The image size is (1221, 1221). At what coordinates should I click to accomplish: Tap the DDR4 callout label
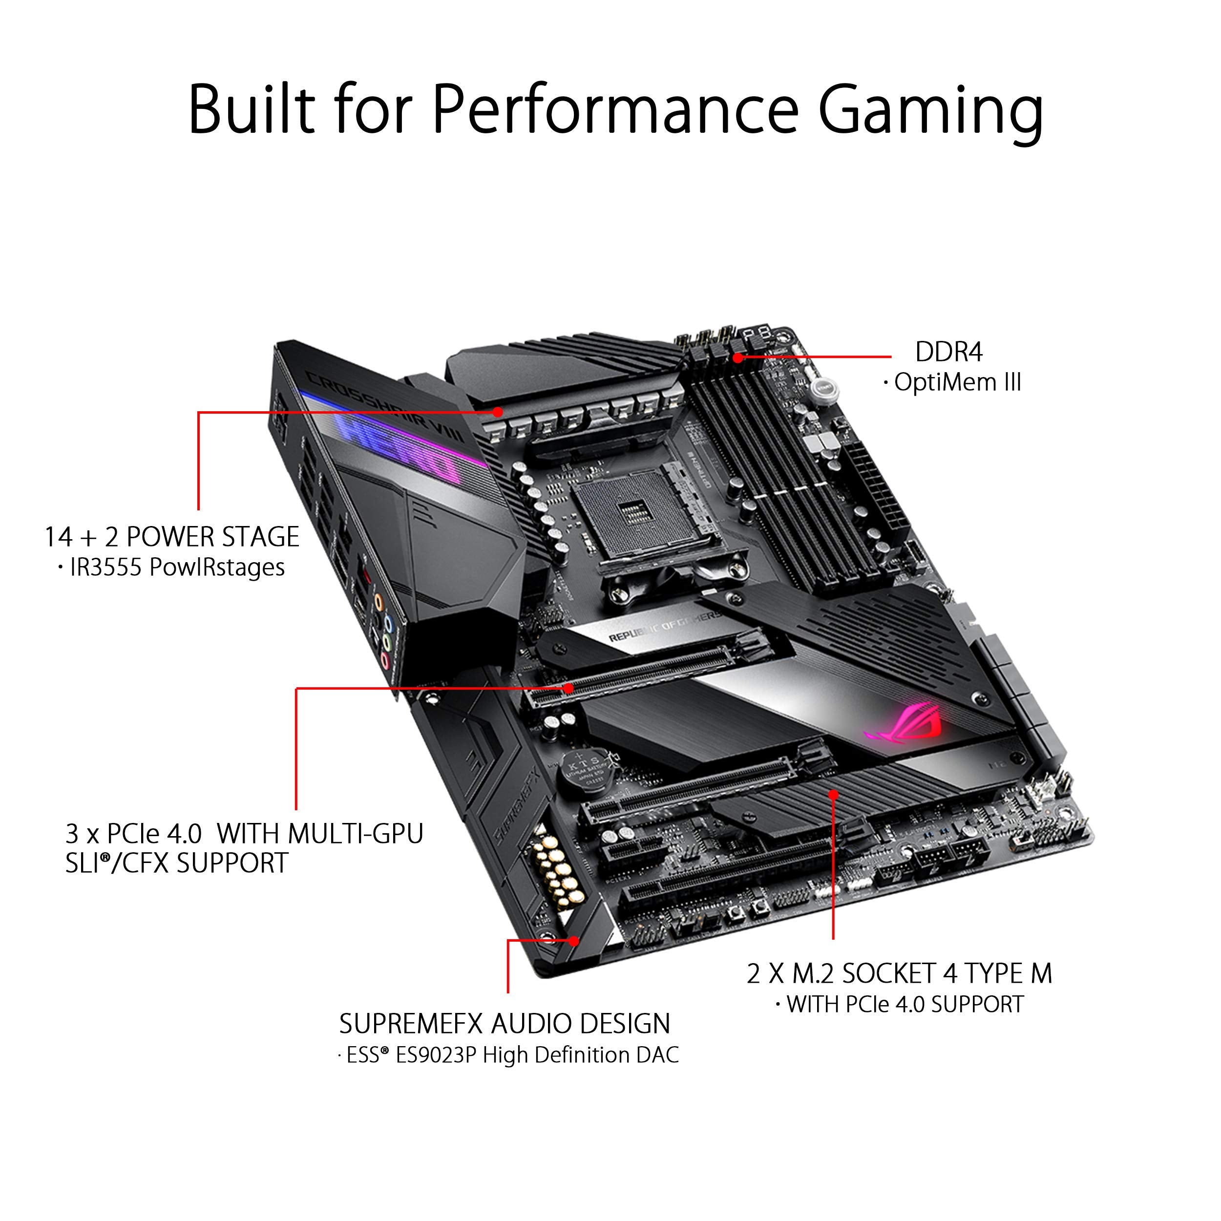pos(948,352)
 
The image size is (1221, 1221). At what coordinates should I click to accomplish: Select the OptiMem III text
pos(957,382)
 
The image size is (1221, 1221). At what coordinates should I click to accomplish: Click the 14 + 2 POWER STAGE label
pos(172,537)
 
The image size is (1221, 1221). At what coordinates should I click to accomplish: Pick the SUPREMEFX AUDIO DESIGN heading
pos(505,1024)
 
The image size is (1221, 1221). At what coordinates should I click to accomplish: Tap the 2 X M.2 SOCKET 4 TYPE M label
pos(899,973)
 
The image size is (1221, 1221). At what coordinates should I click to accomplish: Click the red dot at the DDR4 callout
pos(737,358)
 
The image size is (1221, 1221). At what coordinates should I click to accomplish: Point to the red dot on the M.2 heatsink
pos(834,795)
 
